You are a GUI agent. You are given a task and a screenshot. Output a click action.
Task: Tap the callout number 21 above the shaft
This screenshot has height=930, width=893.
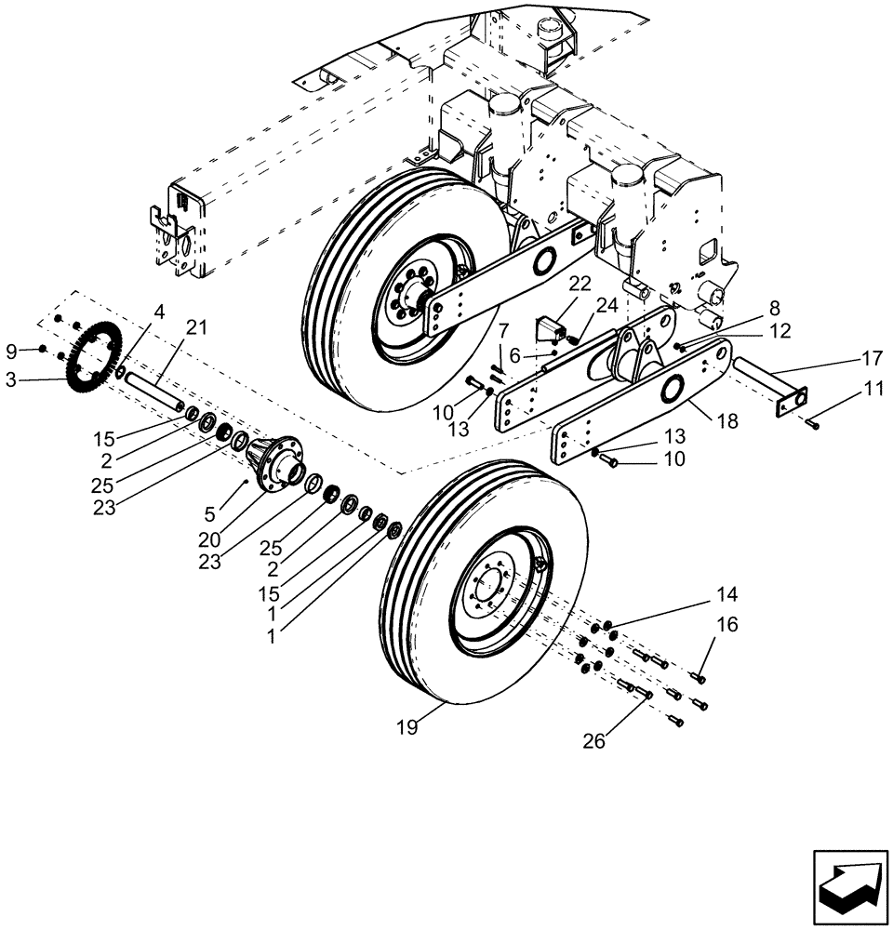[196, 327]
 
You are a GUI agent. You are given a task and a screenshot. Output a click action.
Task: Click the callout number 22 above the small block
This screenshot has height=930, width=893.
[580, 283]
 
